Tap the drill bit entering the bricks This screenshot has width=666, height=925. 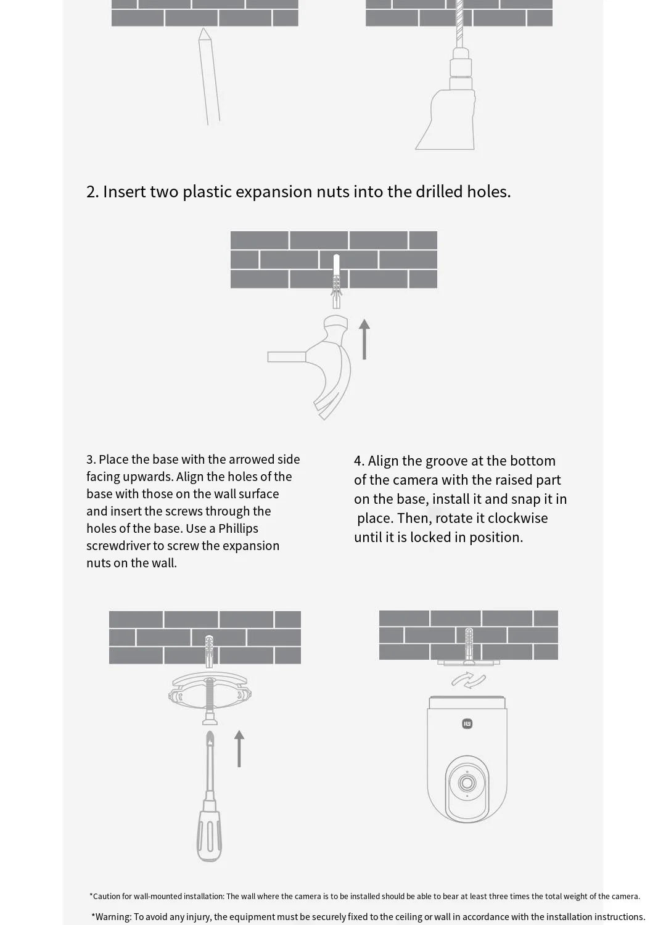459,24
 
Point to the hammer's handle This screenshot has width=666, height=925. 287,357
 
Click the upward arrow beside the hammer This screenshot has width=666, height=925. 364,339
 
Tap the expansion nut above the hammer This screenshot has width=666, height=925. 337,281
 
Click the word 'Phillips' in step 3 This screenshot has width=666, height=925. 238,529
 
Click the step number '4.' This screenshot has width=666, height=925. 359,461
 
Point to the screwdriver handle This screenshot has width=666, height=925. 209,836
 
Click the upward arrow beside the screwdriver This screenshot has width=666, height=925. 239,749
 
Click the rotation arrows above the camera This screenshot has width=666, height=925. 469,680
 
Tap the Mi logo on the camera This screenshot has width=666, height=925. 467,723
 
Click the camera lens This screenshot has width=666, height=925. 467,783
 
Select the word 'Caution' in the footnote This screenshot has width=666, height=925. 107,896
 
